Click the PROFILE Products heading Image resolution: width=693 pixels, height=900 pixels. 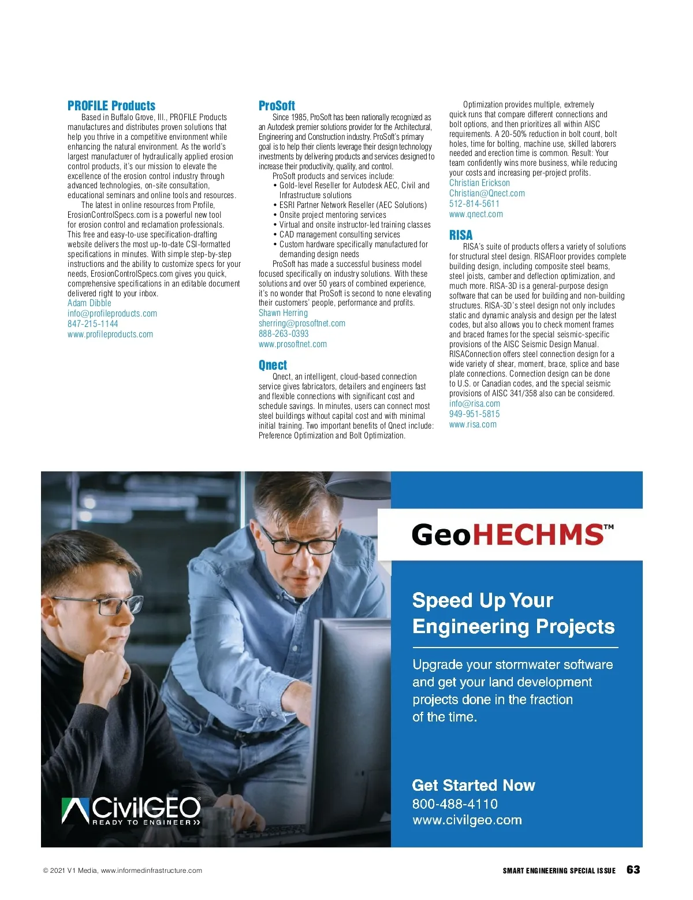pyautogui.click(x=111, y=106)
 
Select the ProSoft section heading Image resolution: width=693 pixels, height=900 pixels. pyautogui.click(x=277, y=106)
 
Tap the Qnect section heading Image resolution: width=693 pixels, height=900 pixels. pyautogui.click(x=273, y=365)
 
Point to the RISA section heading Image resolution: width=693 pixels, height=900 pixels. pyautogui.click(x=461, y=235)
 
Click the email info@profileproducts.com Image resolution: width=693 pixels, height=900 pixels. pyautogui.click(x=112, y=313)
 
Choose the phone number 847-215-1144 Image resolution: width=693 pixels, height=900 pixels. pyautogui.click(x=92, y=323)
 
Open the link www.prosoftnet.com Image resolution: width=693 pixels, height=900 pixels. pyautogui.click(x=292, y=344)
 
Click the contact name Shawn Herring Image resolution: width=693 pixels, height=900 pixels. pyautogui.click(x=283, y=313)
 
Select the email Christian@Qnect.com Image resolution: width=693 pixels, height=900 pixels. pyautogui.click(x=487, y=194)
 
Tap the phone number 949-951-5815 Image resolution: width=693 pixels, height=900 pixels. pyautogui.click(x=474, y=414)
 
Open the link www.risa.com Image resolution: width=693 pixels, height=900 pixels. pyautogui.click(x=472, y=425)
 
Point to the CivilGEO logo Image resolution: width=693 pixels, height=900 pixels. pyautogui.click(x=131, y=810)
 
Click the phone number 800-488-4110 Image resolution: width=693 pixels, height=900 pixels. pyautogui.click(x=454, y=804)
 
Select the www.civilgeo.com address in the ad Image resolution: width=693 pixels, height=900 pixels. pyautogui.click(x=467, y=820)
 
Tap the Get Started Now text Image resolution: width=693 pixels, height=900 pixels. pyautogui.click(x=473, y=786)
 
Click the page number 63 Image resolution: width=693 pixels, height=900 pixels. pyautogui.click(x=633, y=870)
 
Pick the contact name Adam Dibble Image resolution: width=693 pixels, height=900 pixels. pyautogui.click(x=89, y=303)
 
